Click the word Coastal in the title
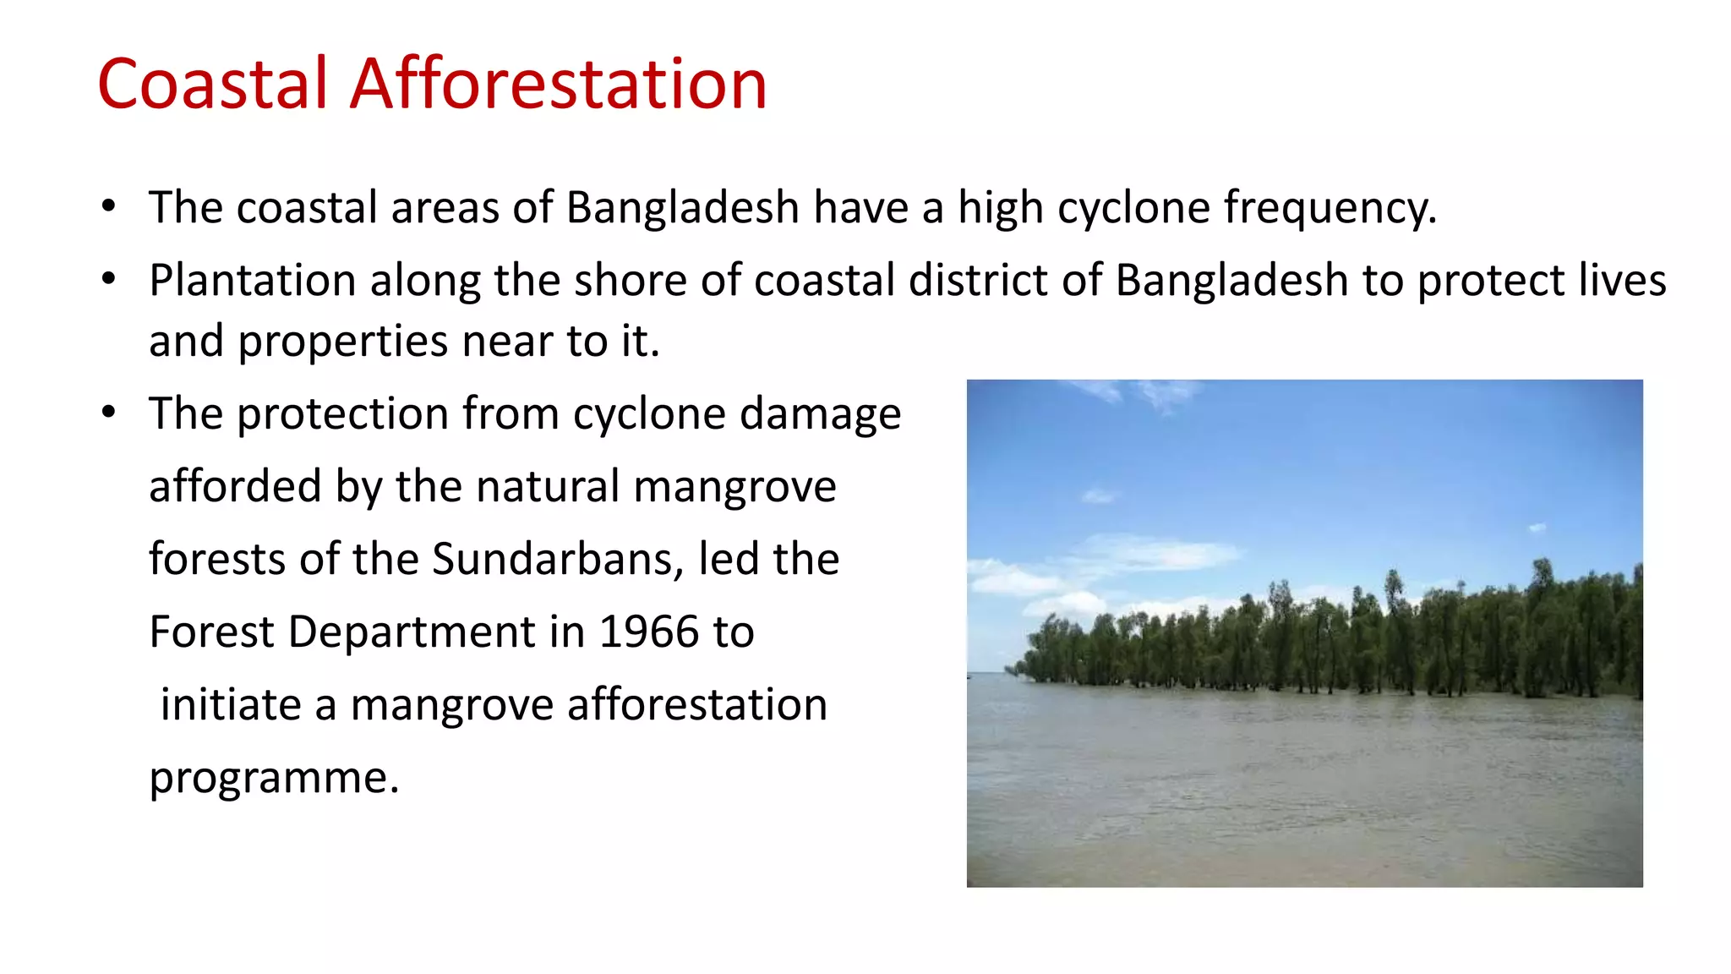click(212, 84)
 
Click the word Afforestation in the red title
click(558, 84)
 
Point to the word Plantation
click(252, 281)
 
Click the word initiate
click(231, 705)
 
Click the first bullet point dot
click(108, 207)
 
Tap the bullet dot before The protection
click(108, 413)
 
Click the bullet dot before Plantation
click(108, 280)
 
